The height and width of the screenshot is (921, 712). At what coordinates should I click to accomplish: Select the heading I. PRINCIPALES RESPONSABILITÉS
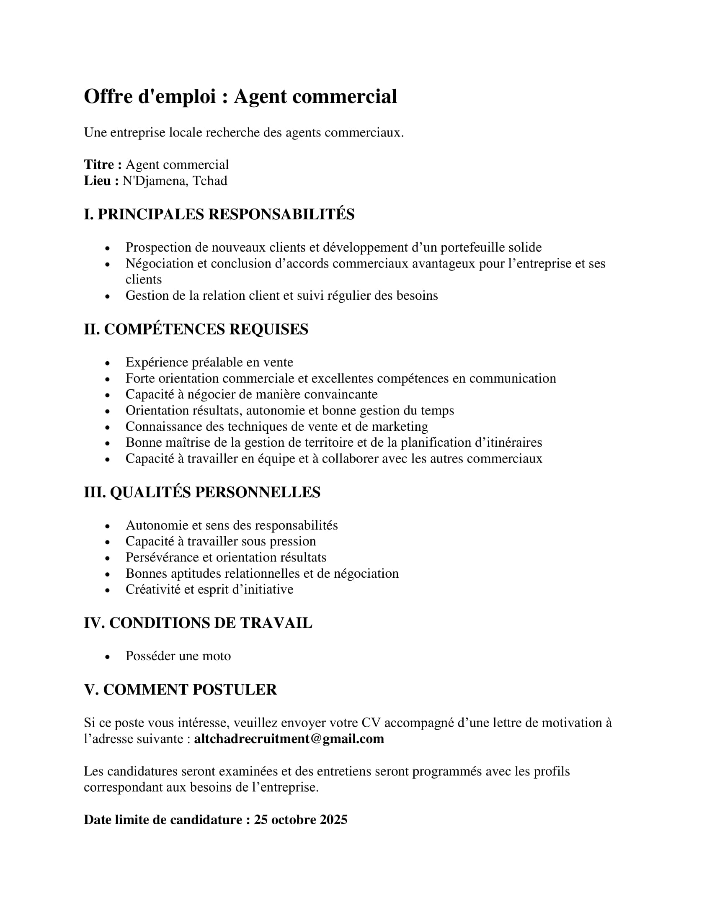pos(219,214)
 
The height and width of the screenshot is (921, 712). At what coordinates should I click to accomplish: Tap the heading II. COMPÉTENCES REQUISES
pos(196,329)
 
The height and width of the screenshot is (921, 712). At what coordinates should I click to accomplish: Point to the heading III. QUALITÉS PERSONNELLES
pos(202,492)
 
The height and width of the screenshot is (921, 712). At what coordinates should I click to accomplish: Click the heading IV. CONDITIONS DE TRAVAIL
pos(198,623)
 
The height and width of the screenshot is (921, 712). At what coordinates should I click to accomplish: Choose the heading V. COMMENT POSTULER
pos(180,689)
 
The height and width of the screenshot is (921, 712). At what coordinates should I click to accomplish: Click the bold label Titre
pos(103,165)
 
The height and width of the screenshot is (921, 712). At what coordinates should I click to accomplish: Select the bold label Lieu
pos(101,180)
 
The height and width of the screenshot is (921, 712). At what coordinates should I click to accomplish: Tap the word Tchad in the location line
pos(210,180)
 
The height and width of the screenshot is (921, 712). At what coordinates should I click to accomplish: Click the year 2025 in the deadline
pos(333,819)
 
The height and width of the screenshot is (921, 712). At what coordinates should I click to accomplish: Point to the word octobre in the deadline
pos(294,819)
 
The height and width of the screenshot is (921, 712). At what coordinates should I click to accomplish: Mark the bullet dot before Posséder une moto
pos(108,657)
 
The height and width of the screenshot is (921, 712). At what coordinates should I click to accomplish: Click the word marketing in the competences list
pos(400,426)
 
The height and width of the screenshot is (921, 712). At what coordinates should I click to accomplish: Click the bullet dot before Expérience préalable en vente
pos(108,363)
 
